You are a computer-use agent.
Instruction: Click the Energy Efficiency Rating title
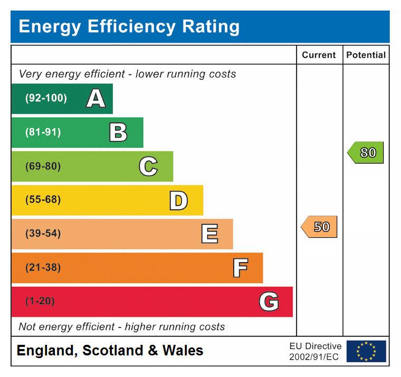tap(129, 26)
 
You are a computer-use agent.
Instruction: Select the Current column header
tap(319, 55)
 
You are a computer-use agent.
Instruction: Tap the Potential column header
tap(366, 55)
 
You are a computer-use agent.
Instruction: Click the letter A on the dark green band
tap(96, 99)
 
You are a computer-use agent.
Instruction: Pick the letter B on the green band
tap(118, 132)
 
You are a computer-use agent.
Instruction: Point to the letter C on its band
tap(148, 167)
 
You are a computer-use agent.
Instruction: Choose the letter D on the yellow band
tap(178, 200)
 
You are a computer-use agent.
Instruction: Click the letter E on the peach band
tap(209, 234)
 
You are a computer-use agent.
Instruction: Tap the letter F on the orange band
tap(240, 268)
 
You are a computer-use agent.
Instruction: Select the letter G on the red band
tap(269, 302)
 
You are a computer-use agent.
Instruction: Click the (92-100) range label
tap(46, 99)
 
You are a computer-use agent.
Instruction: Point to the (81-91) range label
tap(43, 132)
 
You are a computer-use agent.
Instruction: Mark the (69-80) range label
tap(43, 167)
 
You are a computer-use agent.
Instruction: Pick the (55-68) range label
tap(43, 200)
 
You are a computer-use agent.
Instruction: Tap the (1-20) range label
tap(40, 302)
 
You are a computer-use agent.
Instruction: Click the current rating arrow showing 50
tap(319, 227)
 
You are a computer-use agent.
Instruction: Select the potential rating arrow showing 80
tap(366, 153)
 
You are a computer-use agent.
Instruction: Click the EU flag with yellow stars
tap(366, 351)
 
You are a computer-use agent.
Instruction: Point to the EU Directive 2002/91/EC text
tap(315, 351)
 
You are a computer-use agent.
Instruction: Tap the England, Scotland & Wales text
tap(110, 351)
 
